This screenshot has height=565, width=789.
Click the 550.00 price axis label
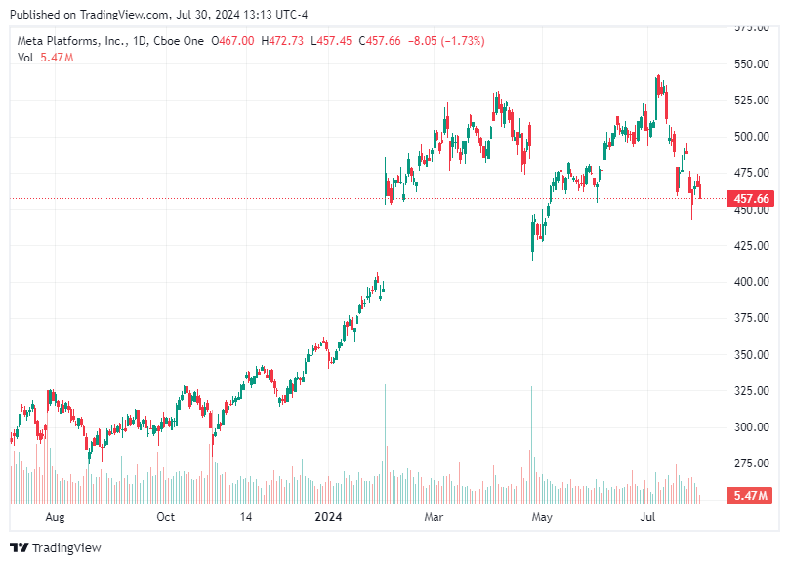[x=750, y=63]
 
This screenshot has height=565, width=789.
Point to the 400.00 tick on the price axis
[x=750, y=282]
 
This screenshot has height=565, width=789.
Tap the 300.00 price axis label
[x=750, y=427]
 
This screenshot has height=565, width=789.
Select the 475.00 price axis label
[x=750, y=173]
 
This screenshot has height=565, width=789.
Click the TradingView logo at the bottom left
[x=56, y=548]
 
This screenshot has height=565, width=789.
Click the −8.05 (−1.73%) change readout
[x=448, y=41]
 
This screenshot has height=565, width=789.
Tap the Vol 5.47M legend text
[x=46, y=58]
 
